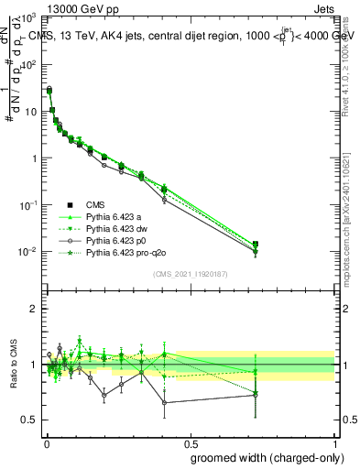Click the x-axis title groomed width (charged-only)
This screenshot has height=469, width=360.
click(x=262, y=457)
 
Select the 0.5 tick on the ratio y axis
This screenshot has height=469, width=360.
click(x=29, y=420)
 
